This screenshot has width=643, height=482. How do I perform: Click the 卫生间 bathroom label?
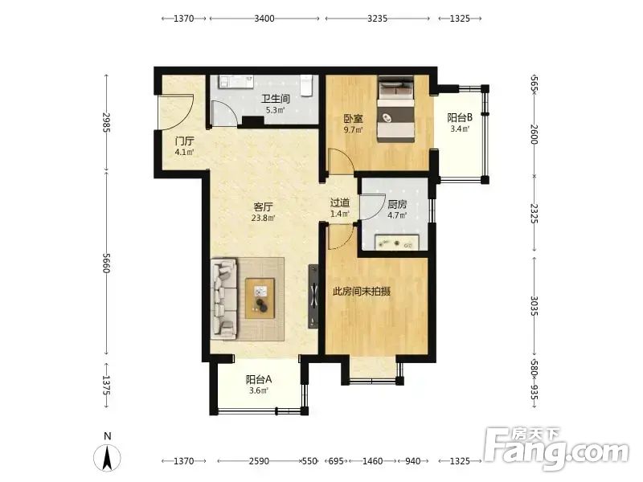click(x=276, y=99)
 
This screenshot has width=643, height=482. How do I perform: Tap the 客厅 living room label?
click(x=264, y=207)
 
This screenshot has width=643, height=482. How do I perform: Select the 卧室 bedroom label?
click(x=353, y=119)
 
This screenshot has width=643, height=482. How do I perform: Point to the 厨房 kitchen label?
click(x=397, y=204)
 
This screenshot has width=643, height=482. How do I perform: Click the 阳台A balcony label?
click(x=259, y=379)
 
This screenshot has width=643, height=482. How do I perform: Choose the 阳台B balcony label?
click(x=460, y=118)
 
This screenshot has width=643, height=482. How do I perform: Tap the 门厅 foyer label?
click(x=184, y=141)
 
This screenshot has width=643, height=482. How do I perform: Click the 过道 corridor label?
click(x=340, y=202)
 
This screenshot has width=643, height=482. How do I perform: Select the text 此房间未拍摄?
click(x=361, y=292)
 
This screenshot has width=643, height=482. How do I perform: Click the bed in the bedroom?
click(x=396, y=109)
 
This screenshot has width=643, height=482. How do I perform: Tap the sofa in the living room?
click(x=224, y=299)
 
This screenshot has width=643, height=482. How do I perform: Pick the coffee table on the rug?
click(x=260, y=298)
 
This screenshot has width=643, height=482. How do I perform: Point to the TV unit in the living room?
click(x=313, y=296)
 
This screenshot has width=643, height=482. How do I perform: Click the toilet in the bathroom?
click(x=306, y=85)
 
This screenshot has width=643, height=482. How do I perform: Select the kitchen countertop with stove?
click(x=397, y=242)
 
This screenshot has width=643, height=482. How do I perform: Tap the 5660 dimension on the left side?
click(x=106, y=263)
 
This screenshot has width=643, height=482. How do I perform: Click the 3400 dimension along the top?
click(x=264, y=18)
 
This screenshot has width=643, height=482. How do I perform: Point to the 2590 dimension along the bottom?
click(x=259, y=461)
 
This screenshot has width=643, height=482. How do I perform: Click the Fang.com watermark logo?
click(x=556, y=449)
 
